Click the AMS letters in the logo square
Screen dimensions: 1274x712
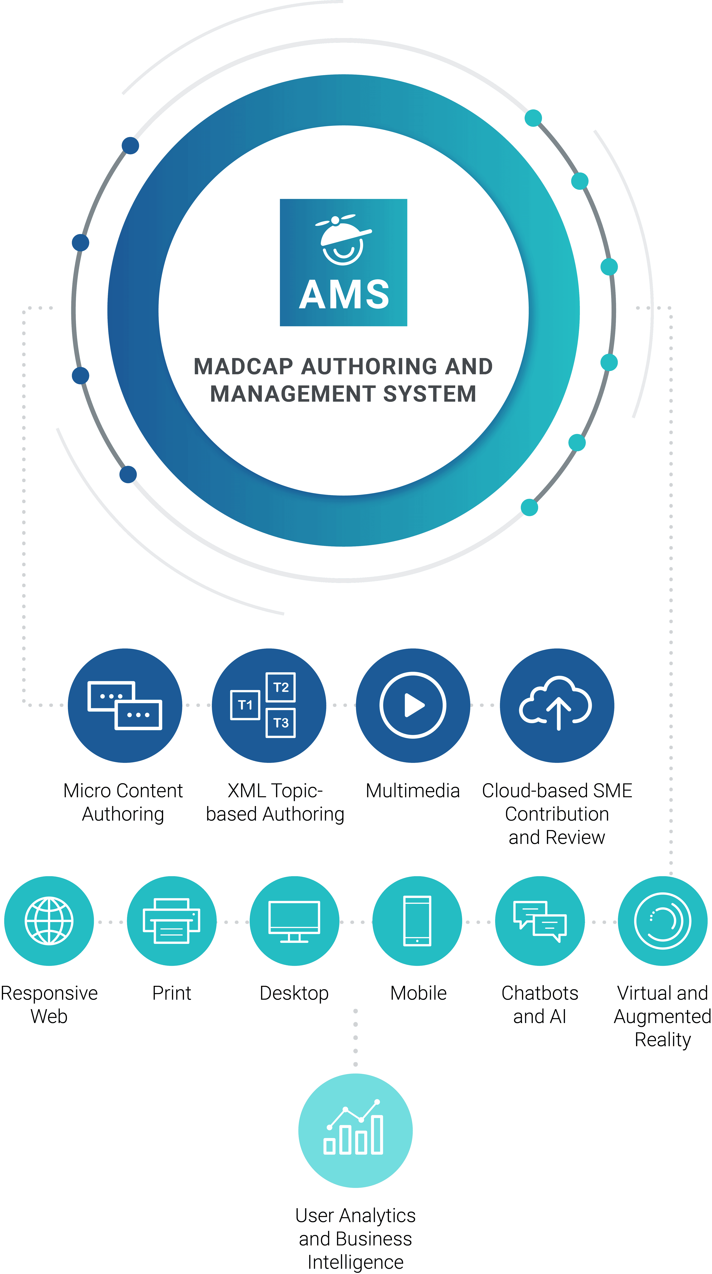[x=344, y=295]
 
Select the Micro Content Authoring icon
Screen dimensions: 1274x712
[x=125, y=705]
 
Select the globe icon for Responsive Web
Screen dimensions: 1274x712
[x=49, y=921]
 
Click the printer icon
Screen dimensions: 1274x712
[x=172, y=921]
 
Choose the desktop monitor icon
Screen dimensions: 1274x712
[x=294, y=921]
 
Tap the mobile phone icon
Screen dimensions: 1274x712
[x=417, y=921]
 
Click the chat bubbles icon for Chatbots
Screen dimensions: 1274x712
[x=540, y=921]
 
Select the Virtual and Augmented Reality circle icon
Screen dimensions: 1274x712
[x=663, y=921]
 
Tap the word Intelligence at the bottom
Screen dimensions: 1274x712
[x=355, y=1262]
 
